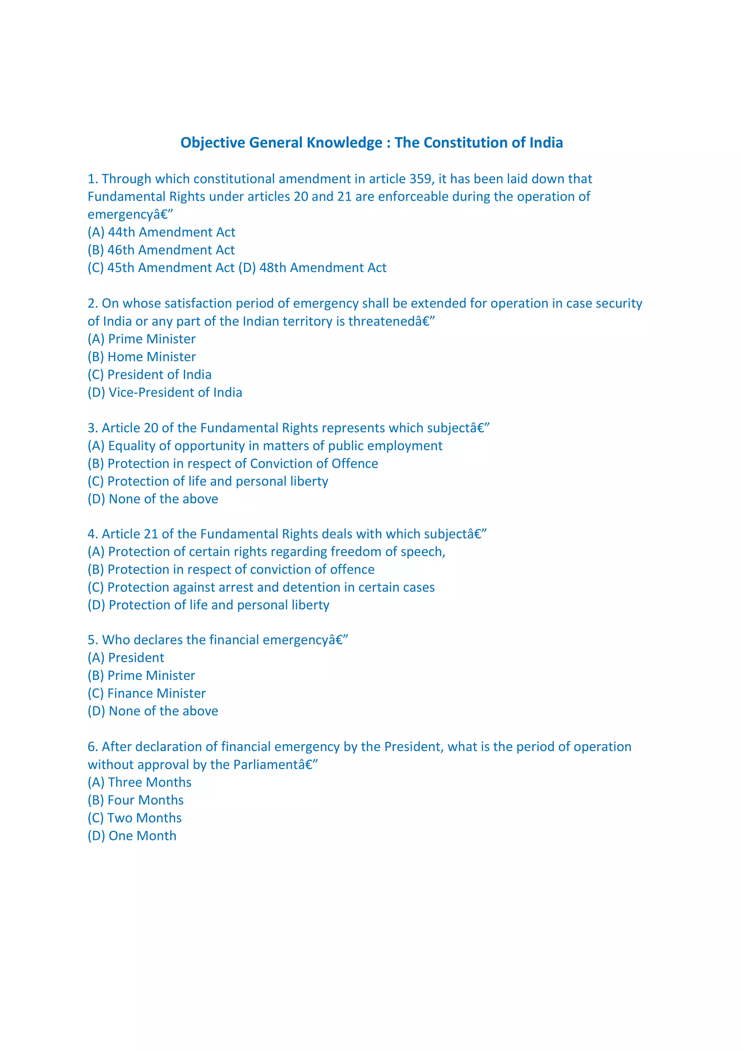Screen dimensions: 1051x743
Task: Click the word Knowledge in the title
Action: point(344,143)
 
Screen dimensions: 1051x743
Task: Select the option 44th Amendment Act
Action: point(161,232)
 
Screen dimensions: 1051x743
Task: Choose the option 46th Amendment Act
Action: point(161,250)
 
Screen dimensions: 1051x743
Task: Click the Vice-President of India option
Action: point(165,392)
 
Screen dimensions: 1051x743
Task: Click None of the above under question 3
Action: point(153,499)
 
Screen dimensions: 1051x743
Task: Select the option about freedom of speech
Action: point(266,552)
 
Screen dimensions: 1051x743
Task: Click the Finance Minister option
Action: point(147,693)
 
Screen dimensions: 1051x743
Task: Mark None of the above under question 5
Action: point(153,711)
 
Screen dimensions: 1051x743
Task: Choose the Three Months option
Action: point(140,782)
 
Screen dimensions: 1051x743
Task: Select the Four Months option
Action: point(136,800)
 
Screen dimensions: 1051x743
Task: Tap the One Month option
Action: point(132,836)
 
